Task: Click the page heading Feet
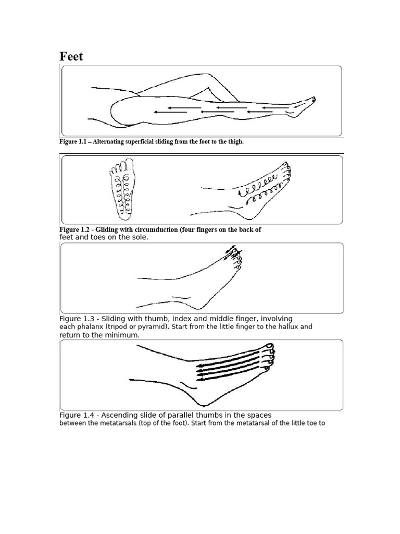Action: (71, 57)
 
